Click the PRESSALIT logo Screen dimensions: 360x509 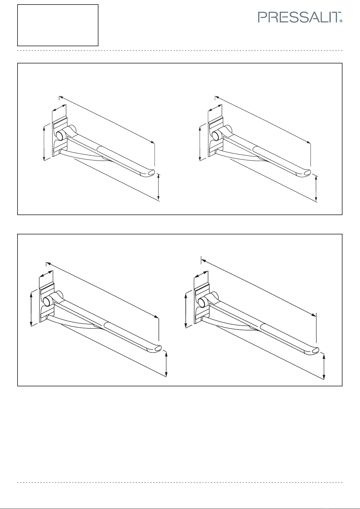[300, 17]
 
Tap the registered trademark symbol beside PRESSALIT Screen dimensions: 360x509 [341, 21]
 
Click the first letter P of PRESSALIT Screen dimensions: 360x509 [262, 17]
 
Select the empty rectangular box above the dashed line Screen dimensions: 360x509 [58, 25]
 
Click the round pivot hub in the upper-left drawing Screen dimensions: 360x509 [60, 135]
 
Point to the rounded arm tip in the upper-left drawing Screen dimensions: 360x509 [148, 173]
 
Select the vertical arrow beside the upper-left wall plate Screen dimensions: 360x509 [44, 143]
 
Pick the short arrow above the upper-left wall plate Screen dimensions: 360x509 [59, 108]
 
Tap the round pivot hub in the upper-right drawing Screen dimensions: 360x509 [216, 135]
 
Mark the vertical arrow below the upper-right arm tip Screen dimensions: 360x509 [316, 188]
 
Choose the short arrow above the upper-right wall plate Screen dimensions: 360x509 [215, 108]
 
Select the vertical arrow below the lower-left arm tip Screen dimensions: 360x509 [166, 364]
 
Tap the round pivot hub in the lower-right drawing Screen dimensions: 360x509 [202, 302]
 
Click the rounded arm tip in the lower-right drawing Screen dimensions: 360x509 [312, 351]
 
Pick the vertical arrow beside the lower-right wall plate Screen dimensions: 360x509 [186, 311]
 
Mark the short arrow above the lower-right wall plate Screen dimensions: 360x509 [201, 274]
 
